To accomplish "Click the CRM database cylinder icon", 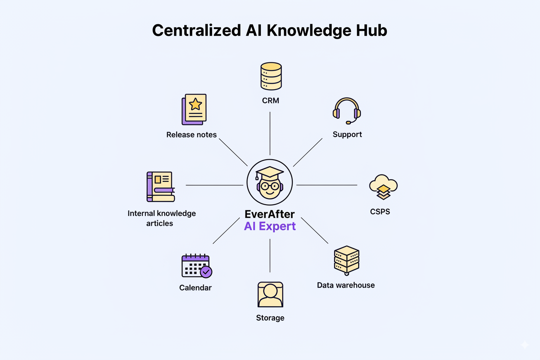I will pyautogui.click(x=271, y=76).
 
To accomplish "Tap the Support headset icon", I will pyautogui.click(x=347, y=110).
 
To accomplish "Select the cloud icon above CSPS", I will pyautogui.click(x=383, y=187).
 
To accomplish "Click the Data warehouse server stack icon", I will pyautogui.click(x=347, y=260).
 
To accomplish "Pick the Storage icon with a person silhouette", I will pyautogui.click(x=270, y=295).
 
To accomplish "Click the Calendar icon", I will pyautogui.click(x=196, y=266).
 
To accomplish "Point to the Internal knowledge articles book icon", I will pyautogui.click(x=161, y=187).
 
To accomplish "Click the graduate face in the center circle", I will pyautogui.click(x=270, y=183).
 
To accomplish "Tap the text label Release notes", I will pyautogui.click(x=191, y=135).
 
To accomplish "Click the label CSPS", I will pyautogui.click(x=380, y=212).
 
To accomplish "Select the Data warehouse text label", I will pyautogui.click(x=346, y=285).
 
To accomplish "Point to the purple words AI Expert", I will pyautogui.click(x=270, y=226).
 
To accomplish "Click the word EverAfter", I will pyautogui.click(x=270, y=214).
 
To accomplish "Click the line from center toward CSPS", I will pyautogui.click(x=327, y=185).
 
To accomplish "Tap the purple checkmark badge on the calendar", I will pyautogui.click(x=206, y=272).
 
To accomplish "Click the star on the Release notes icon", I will pyautogui.click(x=196, y=104).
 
